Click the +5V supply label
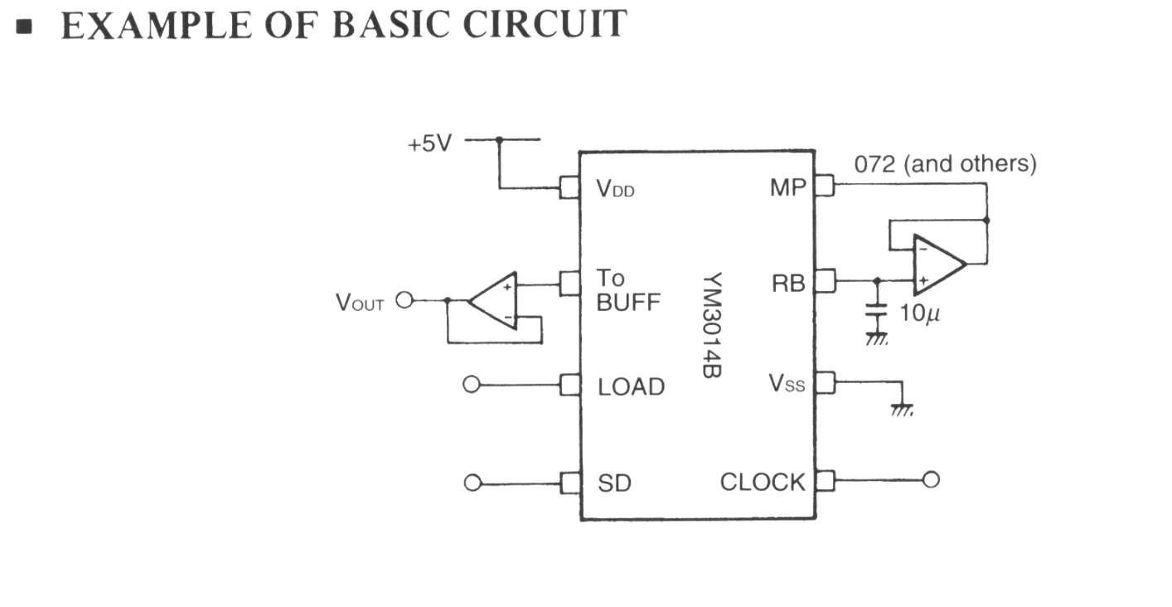click(x=429, y=143)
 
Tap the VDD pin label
click(x=615, y=189)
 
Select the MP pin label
click(x=788, y=187)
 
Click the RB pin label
click(x=788, y=284)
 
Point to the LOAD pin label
click(x=631, y=387)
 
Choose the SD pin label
click(x=614, y=483)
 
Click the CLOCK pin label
click(x=763, y=482)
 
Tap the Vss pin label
click(x=787, y=384)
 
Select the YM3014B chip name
click(x=712, y=325)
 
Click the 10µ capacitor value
click(x=919, y=313)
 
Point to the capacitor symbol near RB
click(x=877, y=310)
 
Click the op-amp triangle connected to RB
click(x=939, y=265)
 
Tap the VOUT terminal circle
click(x=404, y=300)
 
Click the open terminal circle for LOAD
click(x=472, y=385)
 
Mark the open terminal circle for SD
click(x=472, y=483)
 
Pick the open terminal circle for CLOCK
click(x=931, y=479)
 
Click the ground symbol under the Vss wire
click(x=902, y=410)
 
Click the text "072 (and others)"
click(x=945, y=164)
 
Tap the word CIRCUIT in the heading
click(x=545, y=24)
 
